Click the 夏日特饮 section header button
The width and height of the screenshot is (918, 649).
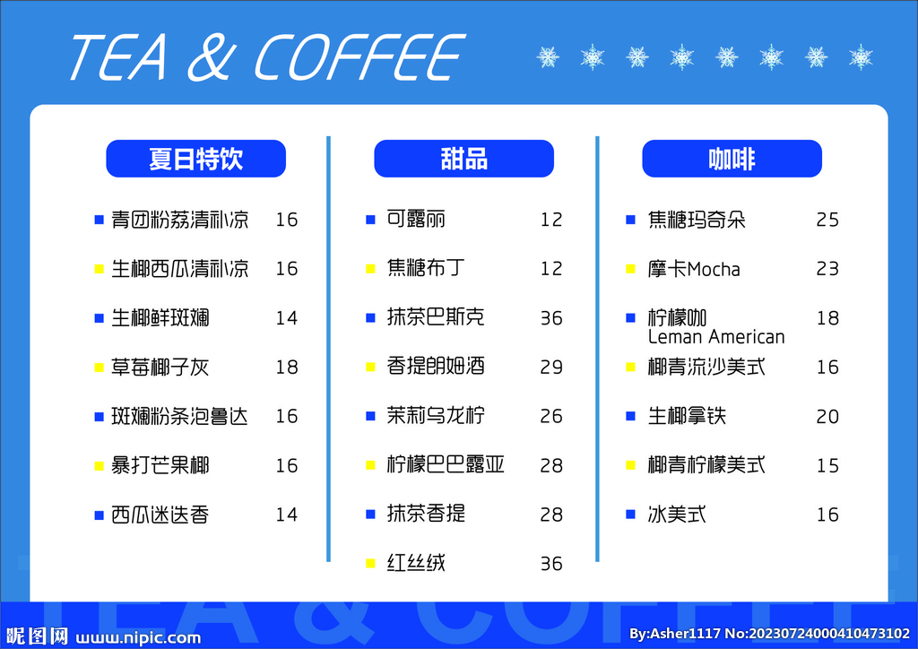point(195,159)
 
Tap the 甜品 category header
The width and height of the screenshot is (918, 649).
point(463,159)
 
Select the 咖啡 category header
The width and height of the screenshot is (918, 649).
point(732,159)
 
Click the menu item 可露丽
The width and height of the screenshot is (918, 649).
point(416,219)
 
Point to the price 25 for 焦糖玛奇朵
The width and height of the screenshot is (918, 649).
point(827,220)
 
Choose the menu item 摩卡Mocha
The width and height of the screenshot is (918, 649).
point(694,269)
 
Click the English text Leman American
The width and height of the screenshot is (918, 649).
point(715,337)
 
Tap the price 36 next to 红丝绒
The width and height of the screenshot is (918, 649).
point(551,564)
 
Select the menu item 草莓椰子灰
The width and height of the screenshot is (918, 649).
point(160,367)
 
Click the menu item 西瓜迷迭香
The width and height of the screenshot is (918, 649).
point(160,515)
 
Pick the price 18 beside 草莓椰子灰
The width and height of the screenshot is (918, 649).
point(286,367)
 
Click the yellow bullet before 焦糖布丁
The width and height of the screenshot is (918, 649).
point(370,268)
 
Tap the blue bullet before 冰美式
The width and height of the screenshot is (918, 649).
point(630,515)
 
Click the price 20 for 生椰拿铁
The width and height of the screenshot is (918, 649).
point(827,416)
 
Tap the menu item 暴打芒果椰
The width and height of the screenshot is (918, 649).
point(160,465)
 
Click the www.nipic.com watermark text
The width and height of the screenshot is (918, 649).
point(138,637)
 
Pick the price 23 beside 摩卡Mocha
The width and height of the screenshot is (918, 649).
point(827,269)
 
